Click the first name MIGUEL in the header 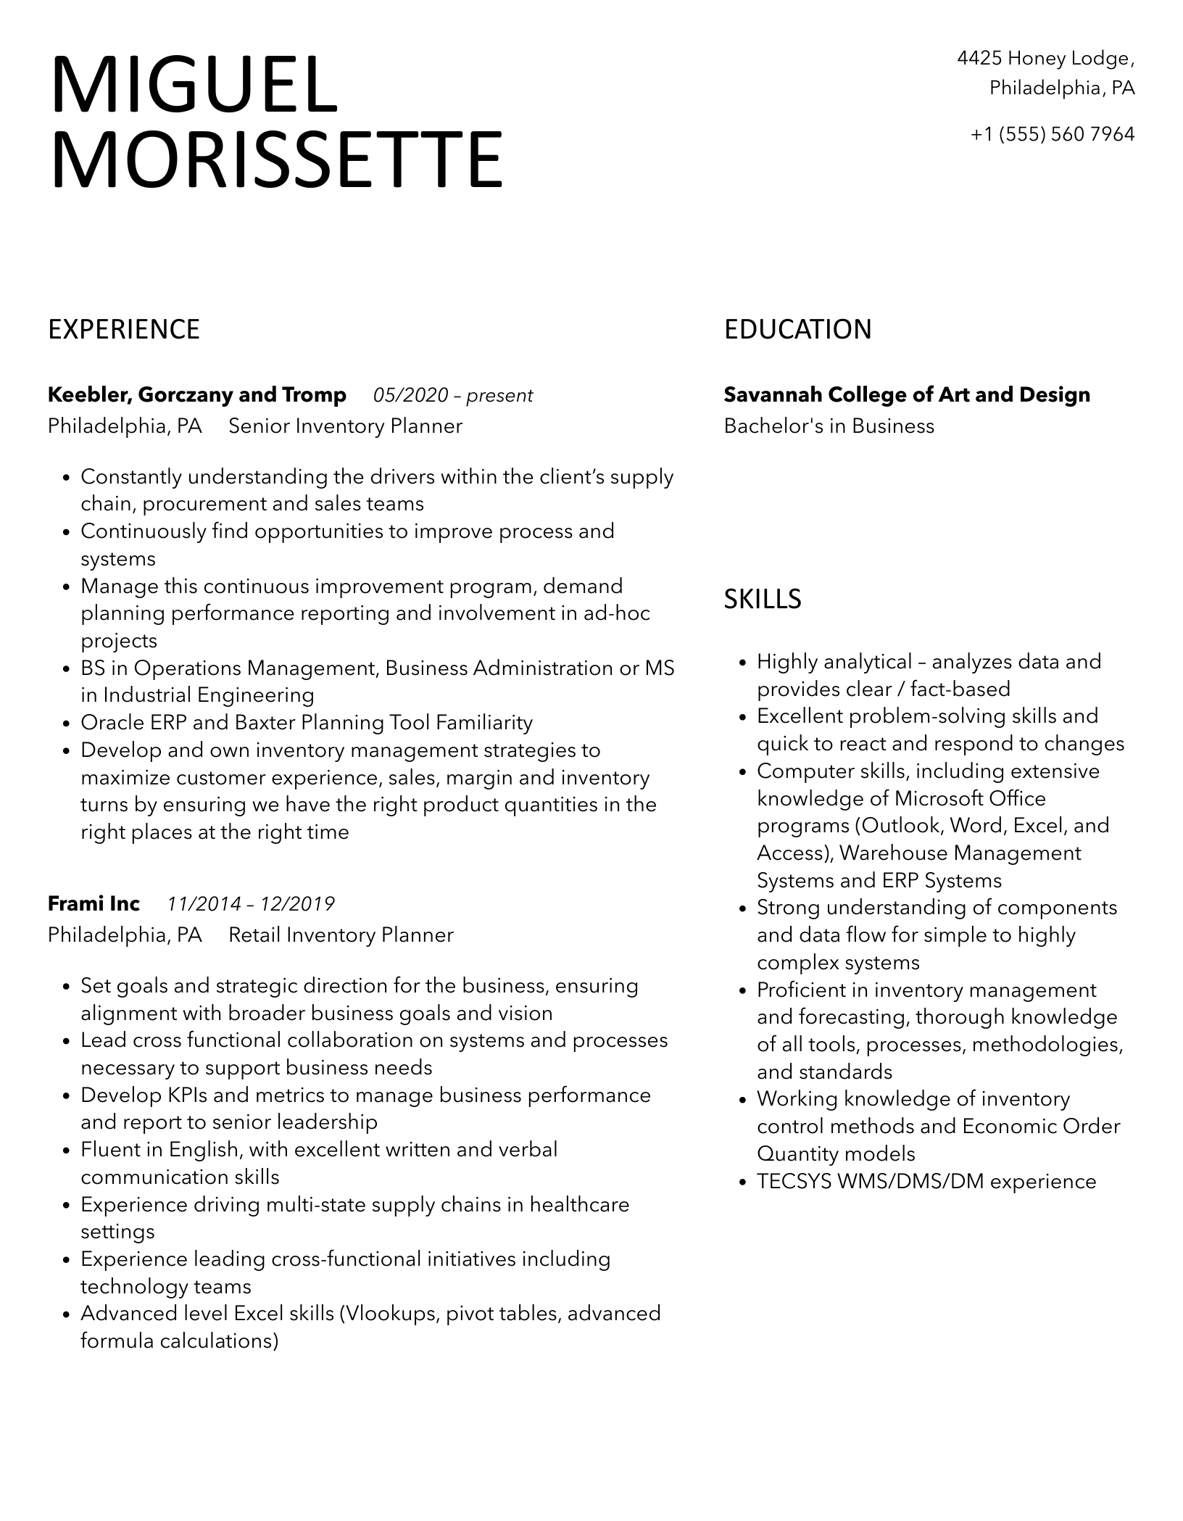[x=194, y=86]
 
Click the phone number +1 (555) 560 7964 [x=1053, y=134]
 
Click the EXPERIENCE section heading [x=124, y=330]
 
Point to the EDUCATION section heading [x=797, y=330]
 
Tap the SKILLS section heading [x=763, y=599]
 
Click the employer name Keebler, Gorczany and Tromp [x=197, y=395]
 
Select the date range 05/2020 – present [x=453, y=396]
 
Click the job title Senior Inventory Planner [x=345, y=426]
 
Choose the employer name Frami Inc [x=94, y=904]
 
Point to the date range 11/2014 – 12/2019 [x=251, y=905]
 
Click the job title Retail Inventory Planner [x=341, y=935]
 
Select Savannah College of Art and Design [x=907, y=395]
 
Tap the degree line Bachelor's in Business [x=829, y=426]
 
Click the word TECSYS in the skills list [x=794, y=1182]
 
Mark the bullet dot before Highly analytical [x=742, y=663]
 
